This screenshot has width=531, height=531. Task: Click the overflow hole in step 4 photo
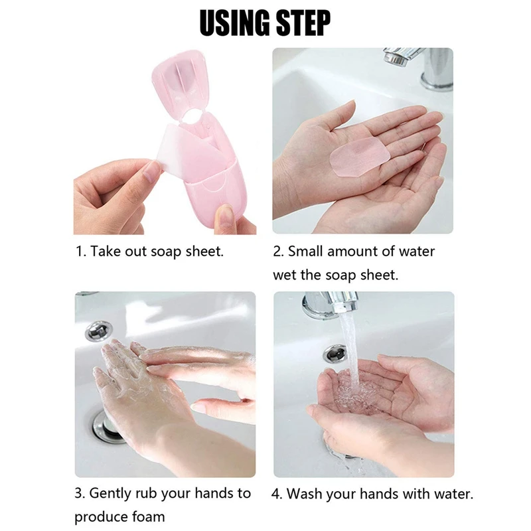coord(336,352)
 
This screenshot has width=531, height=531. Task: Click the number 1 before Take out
coord(78,252)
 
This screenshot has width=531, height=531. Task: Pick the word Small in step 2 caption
coord(308,252)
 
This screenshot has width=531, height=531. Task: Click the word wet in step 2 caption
coord(285,274)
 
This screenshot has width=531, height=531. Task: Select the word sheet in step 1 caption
coord(206,252)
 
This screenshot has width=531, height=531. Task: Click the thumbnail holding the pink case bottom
coord(225,214)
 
